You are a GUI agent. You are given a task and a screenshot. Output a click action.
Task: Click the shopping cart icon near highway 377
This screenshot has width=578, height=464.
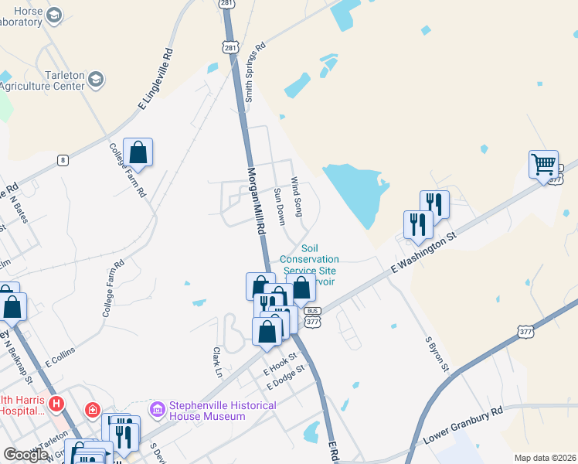pos(544,164)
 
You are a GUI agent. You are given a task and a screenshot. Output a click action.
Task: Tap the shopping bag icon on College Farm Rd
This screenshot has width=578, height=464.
pos(138,153)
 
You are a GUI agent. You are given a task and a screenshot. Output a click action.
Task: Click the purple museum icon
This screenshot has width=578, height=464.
pos(158,408)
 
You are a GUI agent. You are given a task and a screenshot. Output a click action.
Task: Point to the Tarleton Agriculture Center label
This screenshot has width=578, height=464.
pos(42,80)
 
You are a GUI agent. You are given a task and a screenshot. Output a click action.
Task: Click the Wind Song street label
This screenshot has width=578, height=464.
pos(297,196)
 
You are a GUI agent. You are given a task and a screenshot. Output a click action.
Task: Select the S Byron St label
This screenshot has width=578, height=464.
pos(437,353)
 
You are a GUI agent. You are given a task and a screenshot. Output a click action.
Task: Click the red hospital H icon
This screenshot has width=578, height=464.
pos(56,403)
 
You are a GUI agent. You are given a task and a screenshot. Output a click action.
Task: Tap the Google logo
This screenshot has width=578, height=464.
pos(25,455)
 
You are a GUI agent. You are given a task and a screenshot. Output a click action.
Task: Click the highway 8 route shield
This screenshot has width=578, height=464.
pos(62,160)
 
